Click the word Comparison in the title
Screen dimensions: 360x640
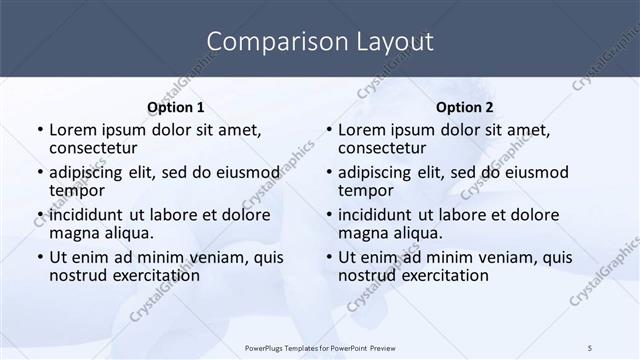[266, 42]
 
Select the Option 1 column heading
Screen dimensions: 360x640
[176, 108]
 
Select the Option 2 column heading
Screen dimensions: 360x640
[465, 108]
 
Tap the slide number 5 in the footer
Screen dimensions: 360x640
[590, 347]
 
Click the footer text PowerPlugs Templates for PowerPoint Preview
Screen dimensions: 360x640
[320, 347]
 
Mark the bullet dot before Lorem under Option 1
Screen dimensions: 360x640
[40, 130]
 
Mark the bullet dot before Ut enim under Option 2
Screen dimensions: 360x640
[329, 257]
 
